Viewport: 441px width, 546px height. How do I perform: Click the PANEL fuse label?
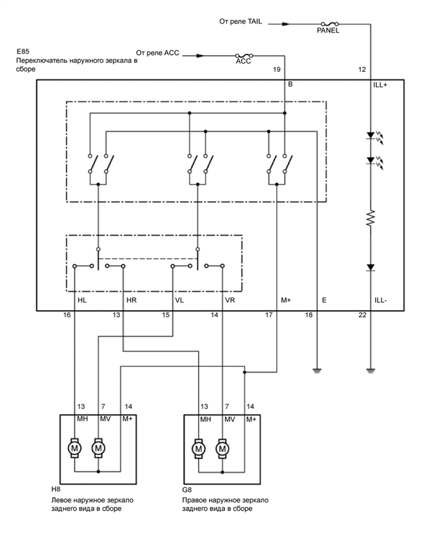[x=328, y=30]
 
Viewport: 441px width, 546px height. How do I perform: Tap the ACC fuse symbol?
[x=243, y=56]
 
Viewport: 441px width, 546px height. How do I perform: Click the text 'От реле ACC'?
[x=158, y=52]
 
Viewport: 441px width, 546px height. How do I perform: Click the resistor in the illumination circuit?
[x=370, y=219]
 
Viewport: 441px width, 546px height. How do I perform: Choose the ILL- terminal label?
[x=380, y=299]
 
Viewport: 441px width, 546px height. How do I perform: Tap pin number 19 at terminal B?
[x=277, y=69]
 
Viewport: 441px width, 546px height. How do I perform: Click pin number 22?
[x=362, y=315]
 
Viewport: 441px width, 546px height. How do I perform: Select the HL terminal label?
[x=82, y=299]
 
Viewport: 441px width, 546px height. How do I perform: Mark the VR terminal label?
[x=231, y=299]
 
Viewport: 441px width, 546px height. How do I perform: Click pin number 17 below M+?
[x=270, y=315]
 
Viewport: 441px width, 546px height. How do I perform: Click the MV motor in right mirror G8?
[x=222, y=447]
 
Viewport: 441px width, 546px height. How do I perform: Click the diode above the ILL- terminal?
[x=370, y=267]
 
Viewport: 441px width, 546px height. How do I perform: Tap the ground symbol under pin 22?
[x=370, y=370]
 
